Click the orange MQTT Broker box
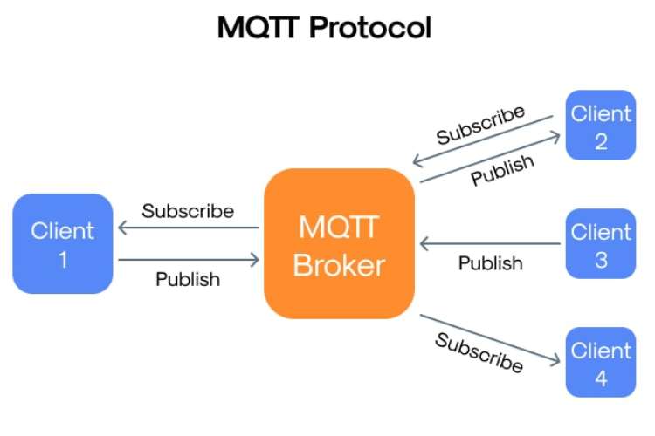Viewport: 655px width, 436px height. click(x=339, y=243)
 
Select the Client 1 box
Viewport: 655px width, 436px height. click(x=63, y=243)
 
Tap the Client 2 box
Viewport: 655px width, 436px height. click(x=601, y=126)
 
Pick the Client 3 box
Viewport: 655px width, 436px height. click(x=601, y=244)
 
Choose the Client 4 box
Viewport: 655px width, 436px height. click(x=601, y=363)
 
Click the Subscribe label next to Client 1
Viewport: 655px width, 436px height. click(x=188, y=211)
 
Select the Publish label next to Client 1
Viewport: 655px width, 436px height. click(x=188, y=280)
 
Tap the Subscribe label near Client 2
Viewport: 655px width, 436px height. click(x=481, y=126)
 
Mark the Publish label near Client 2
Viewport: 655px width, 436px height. click(x=502, y=166)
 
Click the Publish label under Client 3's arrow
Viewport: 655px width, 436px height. click(x=491, y=262)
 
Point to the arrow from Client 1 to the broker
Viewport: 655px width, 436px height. click(x=188, y=259)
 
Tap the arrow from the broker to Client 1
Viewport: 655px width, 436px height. click(x=188, y=228)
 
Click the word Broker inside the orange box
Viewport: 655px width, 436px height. click(x=339, y=264)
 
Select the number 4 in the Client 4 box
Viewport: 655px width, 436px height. click(x=601, y=379)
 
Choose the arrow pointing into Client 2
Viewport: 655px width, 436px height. click(x=489, y=159)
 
